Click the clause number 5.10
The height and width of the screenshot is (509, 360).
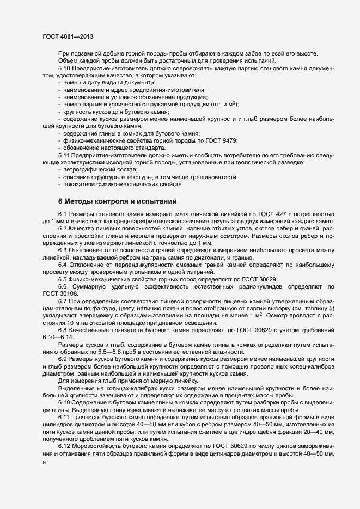65,69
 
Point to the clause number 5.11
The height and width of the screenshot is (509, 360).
64,155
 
